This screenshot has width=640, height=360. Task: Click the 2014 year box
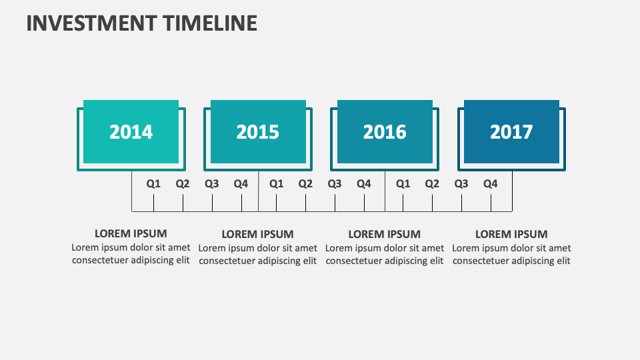pos(131,131)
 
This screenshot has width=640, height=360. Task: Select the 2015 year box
pos(258,131)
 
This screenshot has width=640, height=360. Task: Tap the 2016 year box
pos(385,131)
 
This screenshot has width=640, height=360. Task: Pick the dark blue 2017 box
pos(511,131)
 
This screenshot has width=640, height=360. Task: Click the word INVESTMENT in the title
pos(91,23)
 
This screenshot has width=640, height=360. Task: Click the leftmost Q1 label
pos(154,183)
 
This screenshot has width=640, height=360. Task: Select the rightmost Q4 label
pos(491,183)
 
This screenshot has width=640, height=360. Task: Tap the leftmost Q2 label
pos(183,183)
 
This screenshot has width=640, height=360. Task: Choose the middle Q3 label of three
pos(335,183)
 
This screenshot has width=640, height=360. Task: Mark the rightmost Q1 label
pos(403,183)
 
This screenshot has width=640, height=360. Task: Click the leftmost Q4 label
pos(241,183)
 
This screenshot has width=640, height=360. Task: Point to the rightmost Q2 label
pos(432,183)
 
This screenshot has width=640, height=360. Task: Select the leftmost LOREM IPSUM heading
pos(131,233)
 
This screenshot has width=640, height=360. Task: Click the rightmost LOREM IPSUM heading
pos(511,234)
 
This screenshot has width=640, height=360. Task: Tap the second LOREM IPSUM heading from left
pos(257,234)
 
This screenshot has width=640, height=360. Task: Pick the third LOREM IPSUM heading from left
pos(385,234)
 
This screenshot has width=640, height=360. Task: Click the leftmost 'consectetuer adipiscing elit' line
pos(131,261)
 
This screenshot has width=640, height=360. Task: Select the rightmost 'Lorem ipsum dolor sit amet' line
pos(511,248)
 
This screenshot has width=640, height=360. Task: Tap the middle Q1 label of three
pos(276,183)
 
